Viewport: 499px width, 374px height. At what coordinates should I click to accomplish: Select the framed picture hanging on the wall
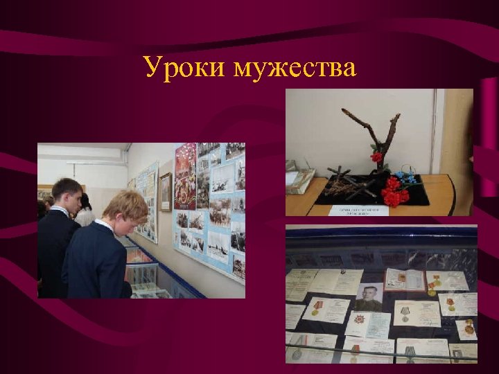[x=165, y=192]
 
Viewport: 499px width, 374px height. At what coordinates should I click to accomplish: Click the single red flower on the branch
[x=376, y=157]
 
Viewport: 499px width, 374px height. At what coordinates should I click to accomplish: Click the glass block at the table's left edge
[x=299, y=181]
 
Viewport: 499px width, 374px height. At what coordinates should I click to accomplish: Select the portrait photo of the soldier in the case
[x=368, y=297]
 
